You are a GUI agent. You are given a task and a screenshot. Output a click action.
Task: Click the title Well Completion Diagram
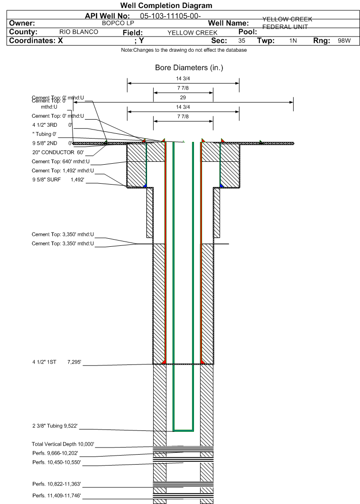click(x=166, y=6)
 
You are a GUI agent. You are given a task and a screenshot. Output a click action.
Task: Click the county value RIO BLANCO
click(x=79, y=32)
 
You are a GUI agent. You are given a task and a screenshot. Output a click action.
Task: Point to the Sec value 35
click(x=242, y=41)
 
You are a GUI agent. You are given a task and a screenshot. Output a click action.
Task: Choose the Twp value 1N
click(x=293, y=41)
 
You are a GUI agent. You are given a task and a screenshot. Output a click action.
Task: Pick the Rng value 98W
click(x=344, y=41)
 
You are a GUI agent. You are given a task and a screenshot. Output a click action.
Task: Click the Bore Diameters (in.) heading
click(x=189, y=68)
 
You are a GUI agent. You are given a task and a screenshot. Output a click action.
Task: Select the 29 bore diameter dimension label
click(x=183, y=97)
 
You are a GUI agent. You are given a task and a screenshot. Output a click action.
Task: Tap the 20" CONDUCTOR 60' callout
click(x=58, y=152)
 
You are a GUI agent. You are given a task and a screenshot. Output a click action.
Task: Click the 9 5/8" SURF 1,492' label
click(x=58, y=179)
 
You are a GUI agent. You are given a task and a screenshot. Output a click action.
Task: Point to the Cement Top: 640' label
click(x=63, y=161)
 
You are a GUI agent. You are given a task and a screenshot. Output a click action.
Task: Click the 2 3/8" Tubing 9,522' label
click(x=61, y=426)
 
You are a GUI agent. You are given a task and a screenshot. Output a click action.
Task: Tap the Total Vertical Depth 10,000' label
click(x=63, y=444)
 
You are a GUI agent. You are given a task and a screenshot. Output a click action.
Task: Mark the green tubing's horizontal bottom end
click(x=183, y=430)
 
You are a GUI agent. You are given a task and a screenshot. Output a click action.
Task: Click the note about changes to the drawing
click(x=184, y=50)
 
